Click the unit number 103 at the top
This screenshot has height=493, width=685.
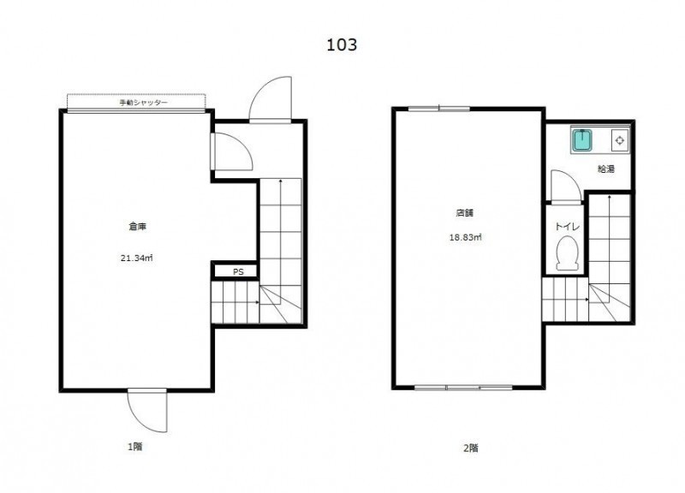point(342,45)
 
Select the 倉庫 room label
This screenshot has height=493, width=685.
point(137,227)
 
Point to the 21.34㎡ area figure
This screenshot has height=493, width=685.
point(137,258)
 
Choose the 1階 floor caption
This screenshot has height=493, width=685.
point(135,447)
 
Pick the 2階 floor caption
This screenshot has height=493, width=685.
point(470,448)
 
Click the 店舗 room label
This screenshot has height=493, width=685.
point(465,213)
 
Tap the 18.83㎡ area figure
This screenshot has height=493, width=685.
point(466,238)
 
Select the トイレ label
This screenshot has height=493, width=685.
point(567,227)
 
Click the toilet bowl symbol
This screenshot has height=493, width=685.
point(568,253)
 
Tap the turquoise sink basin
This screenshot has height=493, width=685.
point(581,140)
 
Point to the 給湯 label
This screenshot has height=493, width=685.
point(606,169)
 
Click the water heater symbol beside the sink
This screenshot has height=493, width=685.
point(620,140)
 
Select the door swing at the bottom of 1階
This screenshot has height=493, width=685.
point(146,410)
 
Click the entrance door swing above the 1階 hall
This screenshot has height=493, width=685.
point(270,99)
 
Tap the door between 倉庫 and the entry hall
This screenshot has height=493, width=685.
point(231,151)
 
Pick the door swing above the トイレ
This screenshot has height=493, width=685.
point(566,187)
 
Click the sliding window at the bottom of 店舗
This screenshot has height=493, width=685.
point(463,388)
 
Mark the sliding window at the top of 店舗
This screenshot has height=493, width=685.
point(439,109)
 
